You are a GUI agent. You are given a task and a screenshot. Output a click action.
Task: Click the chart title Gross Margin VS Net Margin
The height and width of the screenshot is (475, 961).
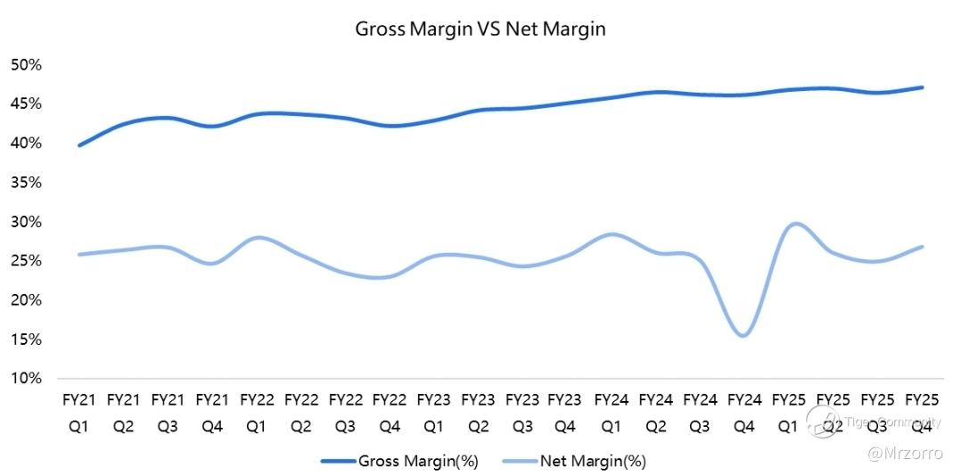point(480,29)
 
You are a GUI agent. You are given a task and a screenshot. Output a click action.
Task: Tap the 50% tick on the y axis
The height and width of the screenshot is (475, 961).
point(27,65)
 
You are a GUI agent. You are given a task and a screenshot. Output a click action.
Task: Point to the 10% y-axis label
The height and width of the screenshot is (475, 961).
point(27,379)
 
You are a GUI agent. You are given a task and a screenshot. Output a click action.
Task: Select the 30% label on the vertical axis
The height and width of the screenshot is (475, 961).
point(27,222)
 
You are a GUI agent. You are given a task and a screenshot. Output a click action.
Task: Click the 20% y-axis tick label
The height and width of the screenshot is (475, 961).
point(27,300)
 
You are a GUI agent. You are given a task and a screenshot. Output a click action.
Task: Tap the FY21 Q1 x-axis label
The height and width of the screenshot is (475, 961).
point(78,412)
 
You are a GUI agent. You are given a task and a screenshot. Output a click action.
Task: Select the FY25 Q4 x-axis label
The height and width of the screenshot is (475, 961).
point(922,412)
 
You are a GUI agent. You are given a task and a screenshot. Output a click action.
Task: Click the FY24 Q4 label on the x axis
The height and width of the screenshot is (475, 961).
point(744,412)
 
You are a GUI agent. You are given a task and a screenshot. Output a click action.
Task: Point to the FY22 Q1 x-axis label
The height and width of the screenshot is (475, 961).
point(256,412)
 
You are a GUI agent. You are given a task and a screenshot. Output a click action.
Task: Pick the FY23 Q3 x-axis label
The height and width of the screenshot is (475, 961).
point(522,412)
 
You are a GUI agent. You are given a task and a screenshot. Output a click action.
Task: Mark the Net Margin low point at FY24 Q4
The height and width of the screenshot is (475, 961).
point(743,336)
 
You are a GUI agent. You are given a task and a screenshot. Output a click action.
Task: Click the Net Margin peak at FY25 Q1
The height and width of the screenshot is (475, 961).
point(795,224)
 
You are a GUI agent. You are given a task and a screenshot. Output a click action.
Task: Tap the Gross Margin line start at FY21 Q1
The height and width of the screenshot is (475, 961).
point(79,145)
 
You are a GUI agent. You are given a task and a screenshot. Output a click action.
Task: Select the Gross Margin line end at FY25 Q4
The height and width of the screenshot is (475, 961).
point(922,87)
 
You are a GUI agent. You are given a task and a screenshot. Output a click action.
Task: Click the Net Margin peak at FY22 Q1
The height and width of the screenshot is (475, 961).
point(257,237)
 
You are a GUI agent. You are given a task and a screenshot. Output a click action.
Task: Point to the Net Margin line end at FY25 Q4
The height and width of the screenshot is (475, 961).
point(922,247)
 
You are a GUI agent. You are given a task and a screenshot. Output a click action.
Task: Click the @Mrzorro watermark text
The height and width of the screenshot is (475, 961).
point(907,454)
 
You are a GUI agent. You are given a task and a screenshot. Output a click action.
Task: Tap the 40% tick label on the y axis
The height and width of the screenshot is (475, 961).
point(27,143)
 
